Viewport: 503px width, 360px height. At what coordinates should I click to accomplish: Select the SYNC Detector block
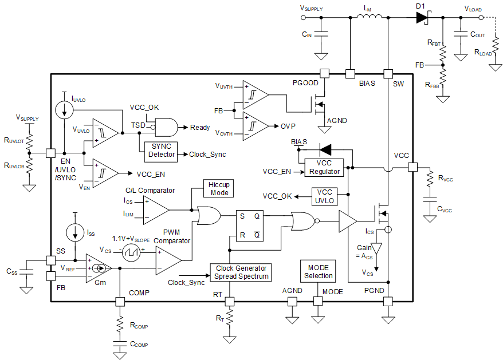161,151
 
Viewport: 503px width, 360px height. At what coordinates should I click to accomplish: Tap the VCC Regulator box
325,167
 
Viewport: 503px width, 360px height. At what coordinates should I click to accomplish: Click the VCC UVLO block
325,196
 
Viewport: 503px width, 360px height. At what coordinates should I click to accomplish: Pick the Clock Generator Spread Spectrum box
241,272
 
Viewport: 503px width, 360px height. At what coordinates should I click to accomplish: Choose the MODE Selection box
318,271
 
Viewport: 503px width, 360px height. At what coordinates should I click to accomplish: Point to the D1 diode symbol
422,18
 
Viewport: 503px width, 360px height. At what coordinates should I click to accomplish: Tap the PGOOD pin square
324,74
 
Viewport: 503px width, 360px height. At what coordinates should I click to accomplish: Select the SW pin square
388,74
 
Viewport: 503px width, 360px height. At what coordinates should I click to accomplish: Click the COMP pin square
120,301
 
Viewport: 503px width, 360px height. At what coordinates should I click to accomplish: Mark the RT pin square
230,301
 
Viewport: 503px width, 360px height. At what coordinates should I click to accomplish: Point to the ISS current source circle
75,232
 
